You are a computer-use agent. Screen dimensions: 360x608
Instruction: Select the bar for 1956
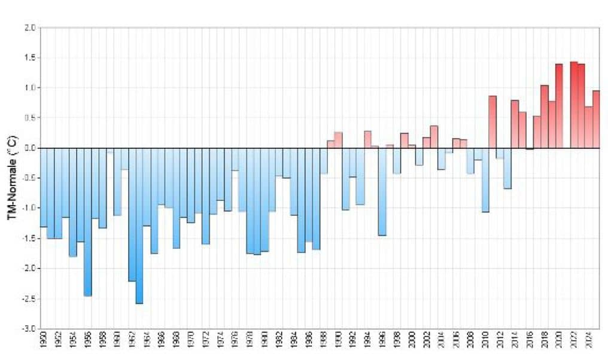click(x=87, y=222)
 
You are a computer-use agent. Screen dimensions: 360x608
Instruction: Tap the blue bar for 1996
click(x=382, y=191)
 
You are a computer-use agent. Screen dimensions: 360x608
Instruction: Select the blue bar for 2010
click(x=485, y=179)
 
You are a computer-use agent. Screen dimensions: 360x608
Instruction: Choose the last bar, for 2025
click(x=595, y=119)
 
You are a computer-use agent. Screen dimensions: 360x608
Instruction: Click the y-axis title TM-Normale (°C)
click(x=12, y=179)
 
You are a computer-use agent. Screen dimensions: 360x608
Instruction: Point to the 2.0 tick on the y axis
click(x=30, y=28)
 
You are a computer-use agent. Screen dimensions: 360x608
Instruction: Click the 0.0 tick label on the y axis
click(x=30, y=148)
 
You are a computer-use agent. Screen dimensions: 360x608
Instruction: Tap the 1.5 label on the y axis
click(x=30, y=57)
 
